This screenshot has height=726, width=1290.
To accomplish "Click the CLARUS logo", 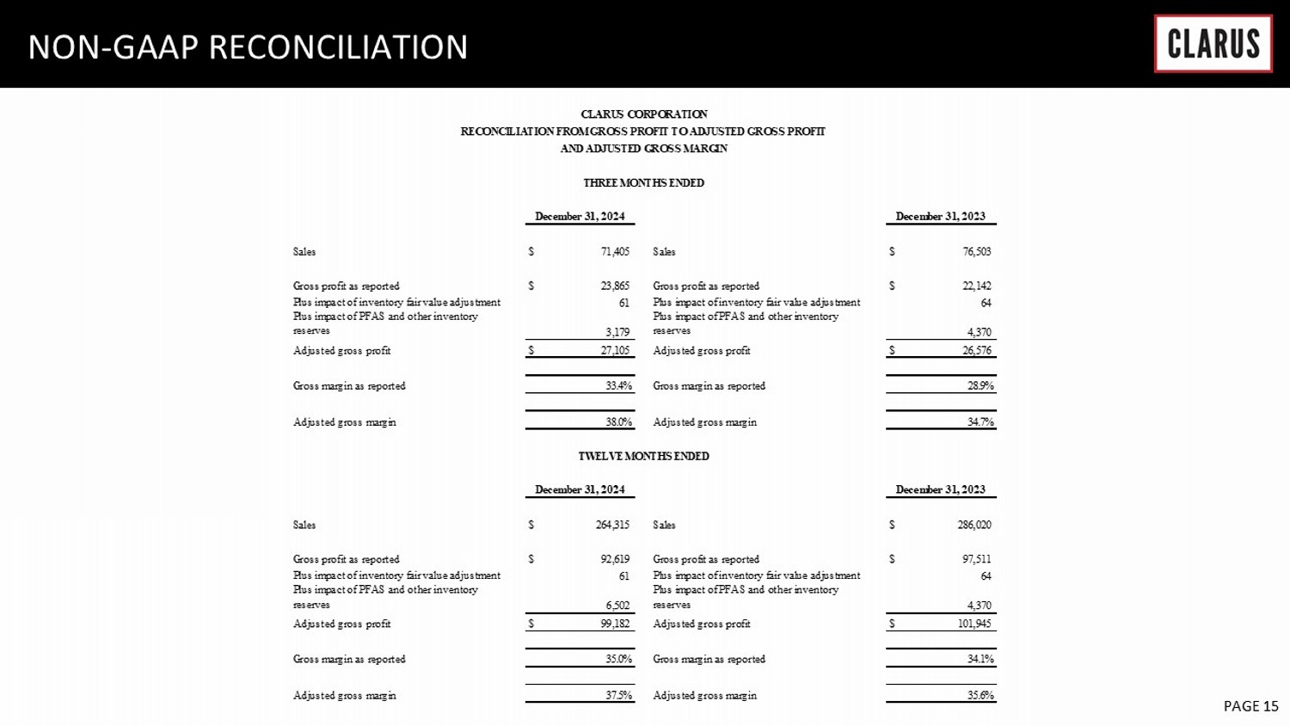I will pyautogui.click(x=1213, y=44).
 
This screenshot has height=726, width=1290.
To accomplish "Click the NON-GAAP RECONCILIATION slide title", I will pyautogui.click(x=248, y=47).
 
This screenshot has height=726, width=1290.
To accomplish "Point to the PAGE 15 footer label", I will pyautogui.click(x=1250, y=706).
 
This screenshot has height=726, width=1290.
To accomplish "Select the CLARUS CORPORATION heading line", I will pyautogui.click(x=644, y=114).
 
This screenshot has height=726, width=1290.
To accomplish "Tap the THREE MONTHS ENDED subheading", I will pyautogui.click(x=643, y=183).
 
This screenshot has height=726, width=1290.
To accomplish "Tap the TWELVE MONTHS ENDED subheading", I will pyautogui.click(x=643, y=457).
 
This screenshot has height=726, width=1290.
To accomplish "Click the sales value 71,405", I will pyautogui.click(x=615, y=252).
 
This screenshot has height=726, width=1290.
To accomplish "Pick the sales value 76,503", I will pyautogui.click(x=977, y=252).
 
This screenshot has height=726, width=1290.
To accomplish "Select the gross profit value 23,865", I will pyautogui.click(x=615, y=286).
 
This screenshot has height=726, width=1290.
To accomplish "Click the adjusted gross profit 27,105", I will pyautogui.click(x=615, y=351).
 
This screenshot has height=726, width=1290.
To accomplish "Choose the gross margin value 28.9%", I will pyautogui.click(x=980, y=386).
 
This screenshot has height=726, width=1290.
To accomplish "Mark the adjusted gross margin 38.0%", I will pyautogui.click(x=618, y=422).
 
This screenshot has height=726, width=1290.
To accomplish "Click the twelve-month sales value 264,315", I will pyautogui.click(x=612, y=525).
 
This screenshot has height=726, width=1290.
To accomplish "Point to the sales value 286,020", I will pyautogui.click(x=974, y=525).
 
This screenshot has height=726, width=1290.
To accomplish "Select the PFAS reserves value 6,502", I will pyautogui.click(x=617, y=606).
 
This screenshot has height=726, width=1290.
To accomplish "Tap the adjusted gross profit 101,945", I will pyautogui.click(x=974, y=624).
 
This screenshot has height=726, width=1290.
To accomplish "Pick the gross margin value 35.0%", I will pyautogui.click(x=618, y=660).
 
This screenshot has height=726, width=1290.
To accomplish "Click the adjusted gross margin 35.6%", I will pyautogui.click(x=980, y=696).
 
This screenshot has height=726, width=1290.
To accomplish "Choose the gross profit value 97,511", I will pyautogui.click(x=977, y=560).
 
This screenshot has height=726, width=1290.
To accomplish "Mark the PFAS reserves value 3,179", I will pyautogui.click(x=617, y=332).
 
